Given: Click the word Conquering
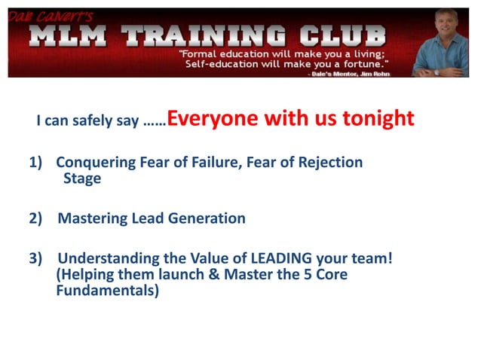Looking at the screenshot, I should click(x=93, y=162).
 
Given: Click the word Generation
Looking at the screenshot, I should click(x=204, y=218).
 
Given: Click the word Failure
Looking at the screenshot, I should click(x=213, y=162).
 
